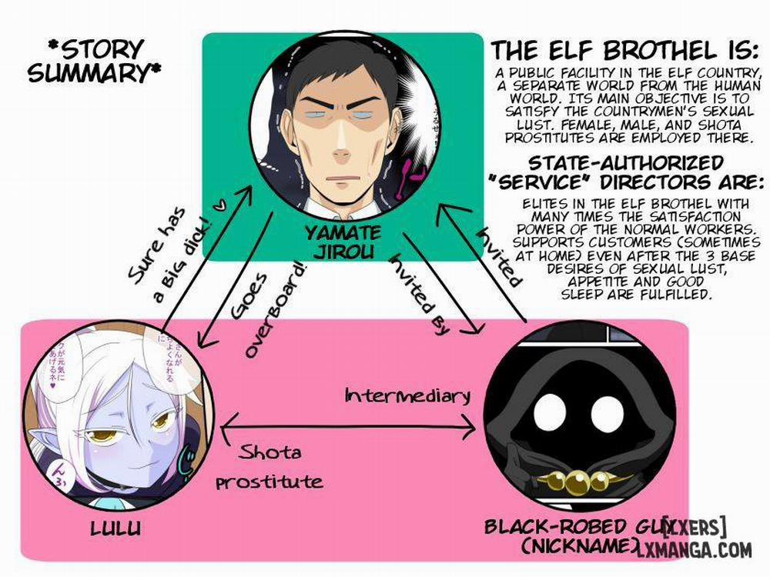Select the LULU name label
click(115, 529)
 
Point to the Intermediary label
click(407, 395)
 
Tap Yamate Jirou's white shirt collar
click(331, 206)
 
